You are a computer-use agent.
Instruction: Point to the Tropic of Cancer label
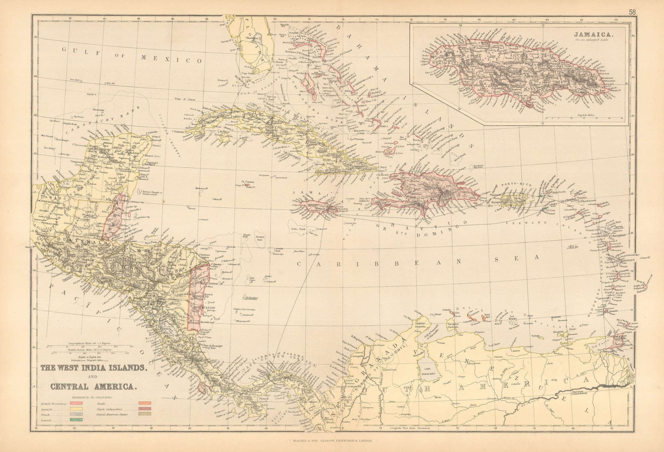[185, 99]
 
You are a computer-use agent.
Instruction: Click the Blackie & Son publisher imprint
[332, 441]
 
